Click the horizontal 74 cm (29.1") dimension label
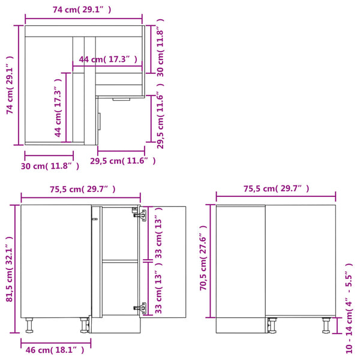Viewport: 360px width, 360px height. [82, 9]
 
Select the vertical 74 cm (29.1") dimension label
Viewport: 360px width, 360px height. [10, 85]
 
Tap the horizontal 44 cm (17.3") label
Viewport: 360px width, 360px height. [109, 59]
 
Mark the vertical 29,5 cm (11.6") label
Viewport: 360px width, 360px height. [159, 120]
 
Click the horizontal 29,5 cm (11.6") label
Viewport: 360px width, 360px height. [123, 161]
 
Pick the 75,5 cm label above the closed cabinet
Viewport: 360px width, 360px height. [277, 188]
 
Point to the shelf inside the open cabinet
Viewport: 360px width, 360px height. [119, 260]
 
